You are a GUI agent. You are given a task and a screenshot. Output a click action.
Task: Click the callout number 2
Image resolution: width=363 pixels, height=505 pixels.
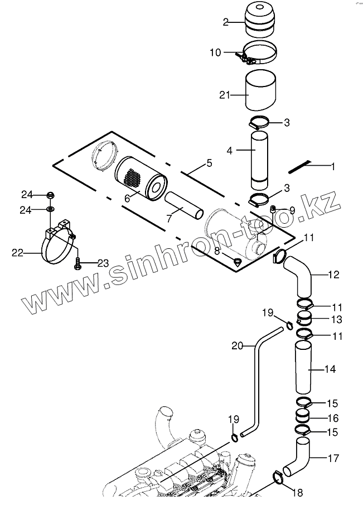226,22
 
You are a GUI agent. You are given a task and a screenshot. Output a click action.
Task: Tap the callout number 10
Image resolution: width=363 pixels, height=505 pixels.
215,52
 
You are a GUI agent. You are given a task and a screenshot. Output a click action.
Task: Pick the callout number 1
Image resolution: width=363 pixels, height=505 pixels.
333,166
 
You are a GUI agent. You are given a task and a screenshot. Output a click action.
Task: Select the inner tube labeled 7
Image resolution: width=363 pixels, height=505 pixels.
181,207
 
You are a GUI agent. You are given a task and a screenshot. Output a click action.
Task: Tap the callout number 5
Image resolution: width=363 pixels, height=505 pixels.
209,163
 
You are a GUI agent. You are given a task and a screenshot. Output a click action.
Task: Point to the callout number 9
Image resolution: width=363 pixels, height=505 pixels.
291,210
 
